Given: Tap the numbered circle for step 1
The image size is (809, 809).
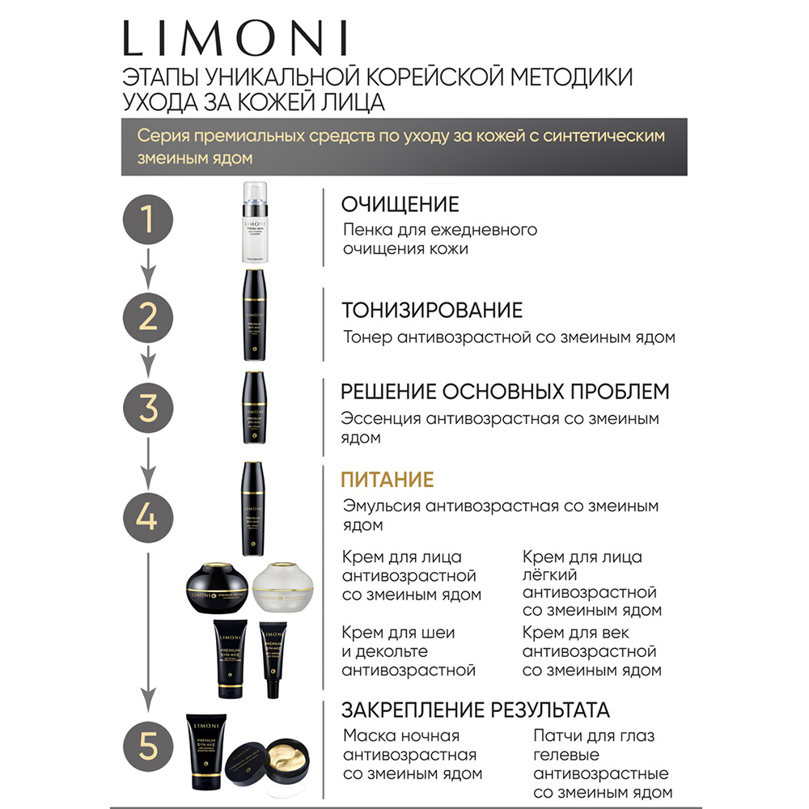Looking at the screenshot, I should tap(147, 220).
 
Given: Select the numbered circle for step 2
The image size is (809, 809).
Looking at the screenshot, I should tap(147, 317).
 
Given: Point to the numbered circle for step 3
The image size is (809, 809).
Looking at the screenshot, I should tap(147, 409).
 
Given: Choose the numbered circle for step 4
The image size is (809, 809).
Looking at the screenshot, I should tap(147, 516).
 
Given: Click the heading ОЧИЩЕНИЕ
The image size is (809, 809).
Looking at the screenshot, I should tap(400, 204).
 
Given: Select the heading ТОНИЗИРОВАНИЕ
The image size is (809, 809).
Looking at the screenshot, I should tap(432, 310).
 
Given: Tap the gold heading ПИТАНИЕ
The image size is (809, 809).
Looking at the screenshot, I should tap(387, 480).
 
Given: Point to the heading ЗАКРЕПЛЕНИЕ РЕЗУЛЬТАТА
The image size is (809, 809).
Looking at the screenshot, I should tap(475, 710).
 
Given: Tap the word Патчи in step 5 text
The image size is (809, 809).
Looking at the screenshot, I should tap(559, 735).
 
